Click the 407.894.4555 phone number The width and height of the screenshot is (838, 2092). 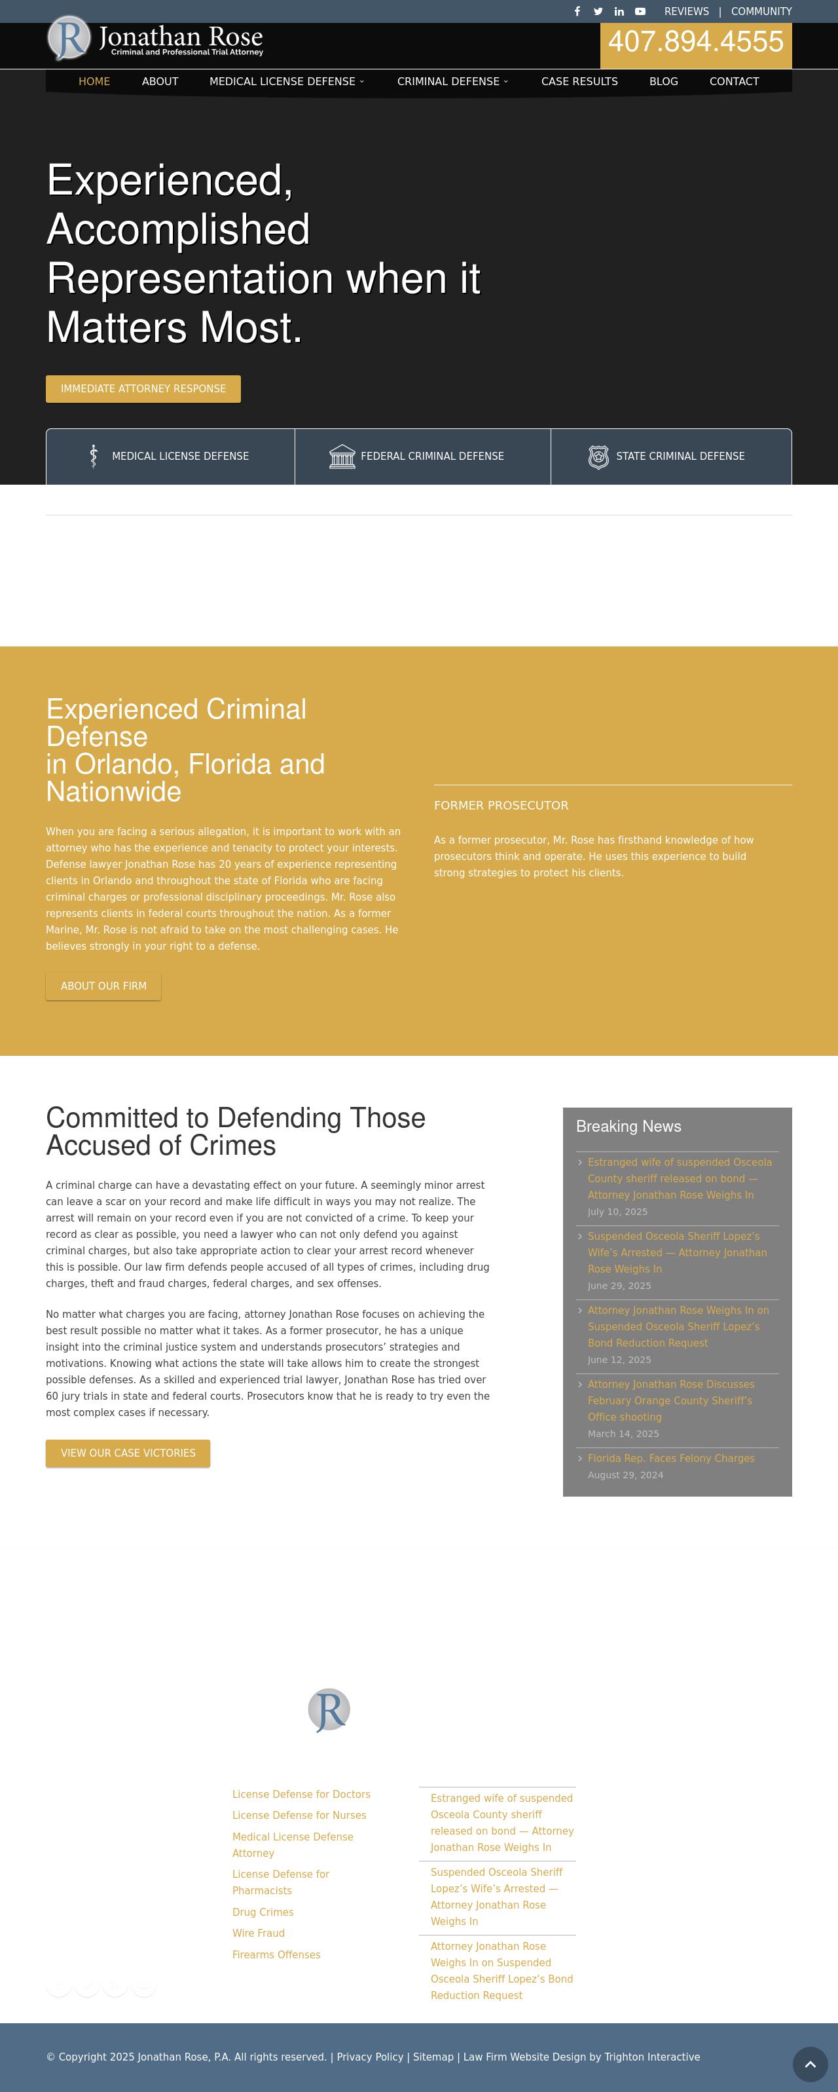coord(696,42)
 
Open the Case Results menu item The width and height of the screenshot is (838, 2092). coord(579,81)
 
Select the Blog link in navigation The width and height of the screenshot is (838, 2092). coord(663,81)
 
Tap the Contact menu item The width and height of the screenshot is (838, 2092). coord(734,81)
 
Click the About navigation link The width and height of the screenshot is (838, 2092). coord(160,81)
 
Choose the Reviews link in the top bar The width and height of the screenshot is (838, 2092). coord(686,11)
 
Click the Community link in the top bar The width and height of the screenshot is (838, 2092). coord(761,11)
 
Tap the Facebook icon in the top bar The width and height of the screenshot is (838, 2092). coord(577,11)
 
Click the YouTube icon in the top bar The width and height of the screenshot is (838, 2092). coord(640,11)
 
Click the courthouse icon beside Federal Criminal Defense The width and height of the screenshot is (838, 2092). coord(342,457)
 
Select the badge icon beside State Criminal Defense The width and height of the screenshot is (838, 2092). coord(598,457)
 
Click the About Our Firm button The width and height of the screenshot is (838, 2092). coord(103,986)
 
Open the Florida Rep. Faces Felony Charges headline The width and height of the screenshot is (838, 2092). coord(670,1459)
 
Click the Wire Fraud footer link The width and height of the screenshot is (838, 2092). coord(258,1933)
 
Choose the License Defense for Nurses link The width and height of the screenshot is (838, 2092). coord(299,1815)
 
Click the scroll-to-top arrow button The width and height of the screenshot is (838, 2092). coord(810,2064)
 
